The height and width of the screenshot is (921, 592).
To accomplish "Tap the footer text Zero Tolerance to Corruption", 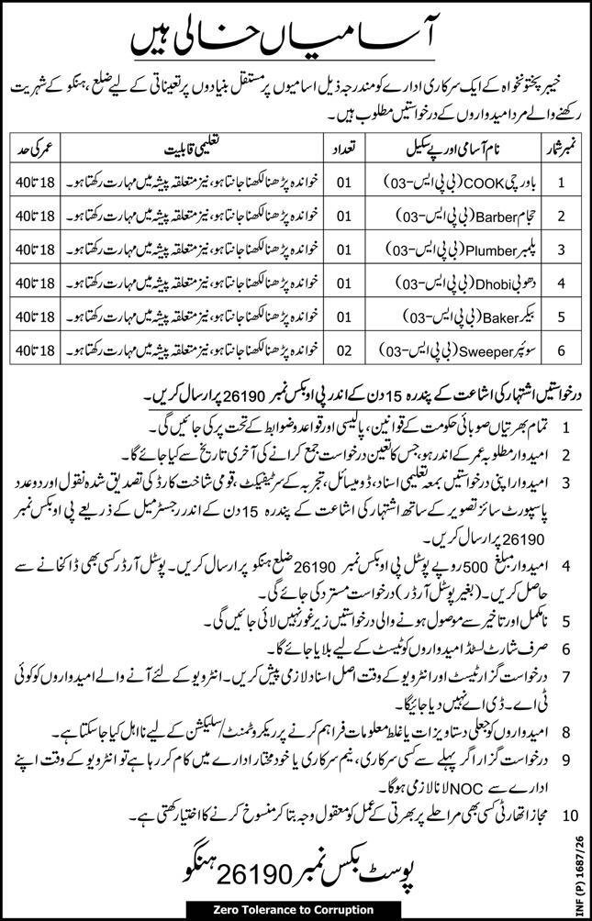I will coord(292,908).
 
